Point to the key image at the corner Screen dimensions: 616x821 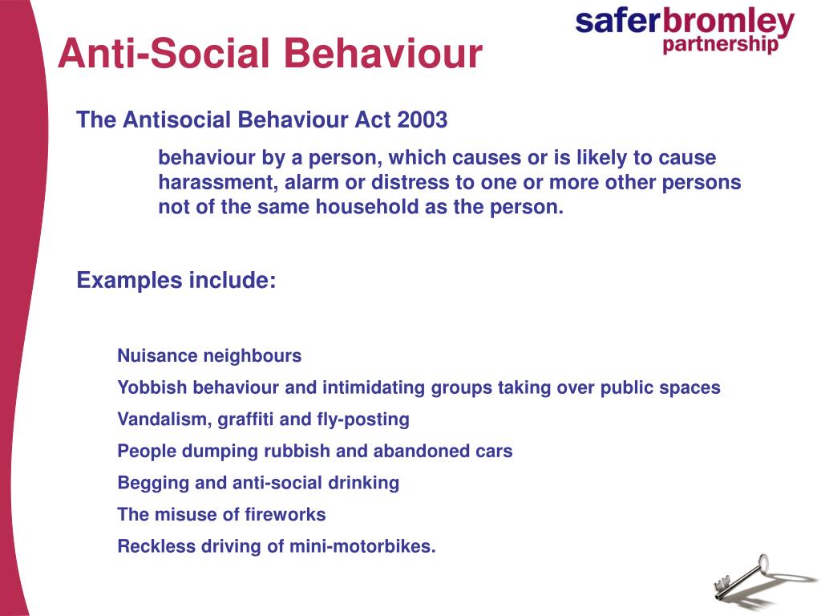742,577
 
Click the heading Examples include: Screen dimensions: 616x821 176,281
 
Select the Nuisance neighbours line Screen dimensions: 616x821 209,355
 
